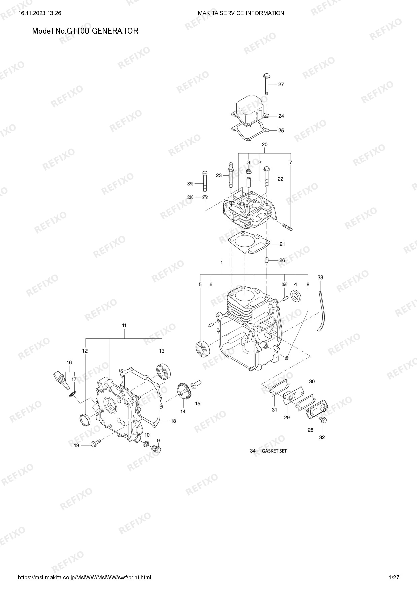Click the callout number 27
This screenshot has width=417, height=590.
281,85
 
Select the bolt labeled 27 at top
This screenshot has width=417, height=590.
266,84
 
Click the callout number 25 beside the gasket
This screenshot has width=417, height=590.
281,131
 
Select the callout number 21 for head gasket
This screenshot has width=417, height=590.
282,244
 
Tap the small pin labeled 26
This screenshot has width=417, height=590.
266,260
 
